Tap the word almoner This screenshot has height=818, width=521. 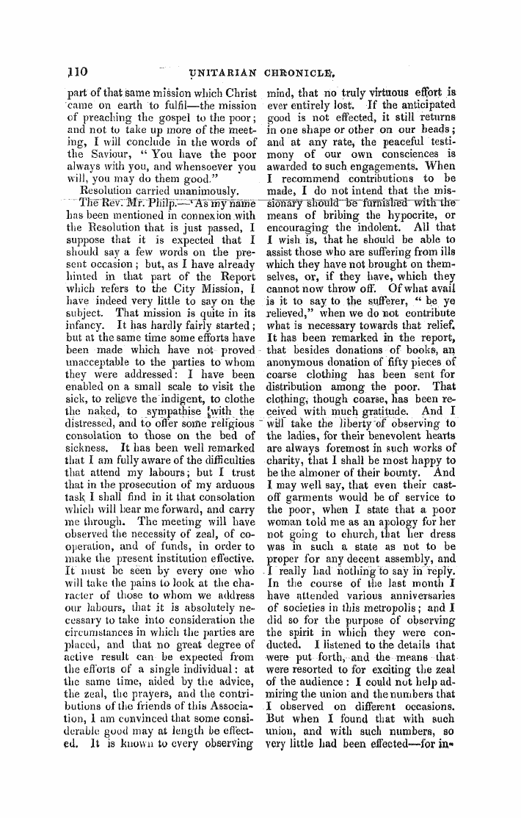(x=316, y=455)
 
